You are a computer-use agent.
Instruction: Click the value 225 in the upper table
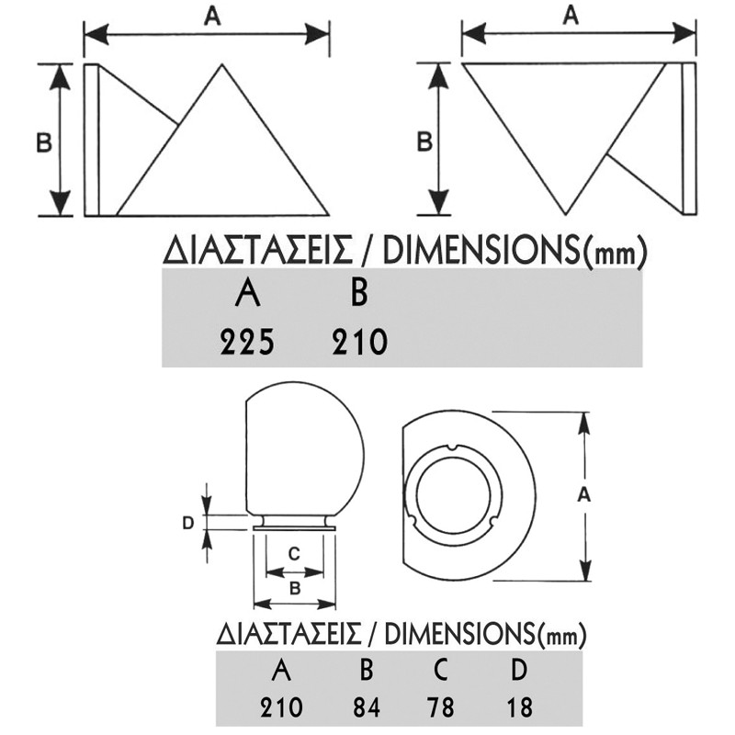247,342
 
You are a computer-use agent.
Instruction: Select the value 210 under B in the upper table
360,342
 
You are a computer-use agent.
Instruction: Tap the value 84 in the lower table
367,707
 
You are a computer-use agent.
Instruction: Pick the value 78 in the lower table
441,707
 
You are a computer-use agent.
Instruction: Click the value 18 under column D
520,707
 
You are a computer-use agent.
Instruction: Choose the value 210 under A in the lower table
281,707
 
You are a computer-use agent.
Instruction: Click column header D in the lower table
519,671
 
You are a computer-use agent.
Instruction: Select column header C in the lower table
440,671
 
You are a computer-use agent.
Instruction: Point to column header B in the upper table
359,293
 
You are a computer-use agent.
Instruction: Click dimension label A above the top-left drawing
212,17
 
